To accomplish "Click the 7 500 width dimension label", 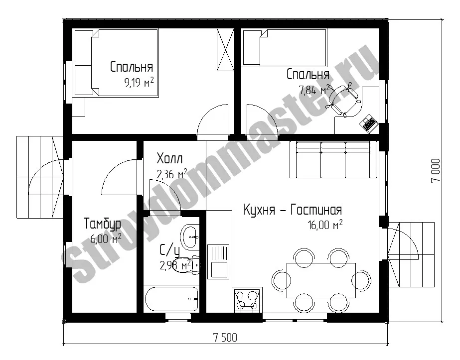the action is (225, 338).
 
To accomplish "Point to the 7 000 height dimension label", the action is (436, 170).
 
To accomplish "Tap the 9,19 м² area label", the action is (139, 83).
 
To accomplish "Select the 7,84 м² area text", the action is (313, 90).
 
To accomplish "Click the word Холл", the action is (169, 158).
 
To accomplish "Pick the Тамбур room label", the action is (102, 224).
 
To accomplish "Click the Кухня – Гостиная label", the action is (293, 210).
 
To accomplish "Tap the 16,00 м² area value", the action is (325, 225).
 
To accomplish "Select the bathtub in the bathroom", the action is (171, 299).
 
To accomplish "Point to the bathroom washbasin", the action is (190, 237).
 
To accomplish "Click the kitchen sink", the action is (218, 262).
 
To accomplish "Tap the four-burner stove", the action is (246, 300).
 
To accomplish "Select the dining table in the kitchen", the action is (321, 280).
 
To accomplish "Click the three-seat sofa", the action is (333, 160).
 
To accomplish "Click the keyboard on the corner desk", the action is (368, 123).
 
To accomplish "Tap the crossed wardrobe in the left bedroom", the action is (225, 50).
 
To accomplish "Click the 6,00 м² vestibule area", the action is (106, 239).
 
